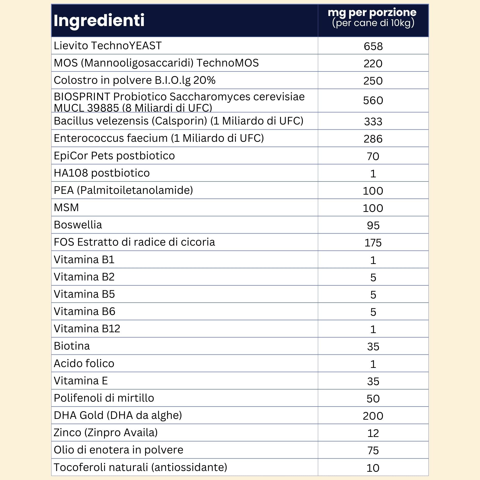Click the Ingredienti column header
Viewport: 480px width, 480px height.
coord(99,20)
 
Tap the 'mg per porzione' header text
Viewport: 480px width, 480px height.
coord(372,12)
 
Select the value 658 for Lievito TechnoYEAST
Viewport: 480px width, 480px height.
coord(373,46)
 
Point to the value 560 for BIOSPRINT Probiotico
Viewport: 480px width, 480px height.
coord(373,100)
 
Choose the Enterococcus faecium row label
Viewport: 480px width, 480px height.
coord(159,138)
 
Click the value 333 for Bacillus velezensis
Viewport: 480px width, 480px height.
coord(373,121)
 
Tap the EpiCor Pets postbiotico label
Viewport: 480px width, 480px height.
coord(114,156)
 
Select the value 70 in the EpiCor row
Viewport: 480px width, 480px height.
coord(373,156)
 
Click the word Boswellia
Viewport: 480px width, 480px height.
coord(78,225)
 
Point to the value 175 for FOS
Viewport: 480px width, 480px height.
coord(373,243)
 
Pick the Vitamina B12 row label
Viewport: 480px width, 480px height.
coord(87,329)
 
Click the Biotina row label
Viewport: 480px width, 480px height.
coord(72,346)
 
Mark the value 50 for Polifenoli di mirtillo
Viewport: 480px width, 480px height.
coord(373,399)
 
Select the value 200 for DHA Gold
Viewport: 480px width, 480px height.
coord(373,416)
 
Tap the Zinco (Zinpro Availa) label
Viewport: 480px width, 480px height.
coord(105,433)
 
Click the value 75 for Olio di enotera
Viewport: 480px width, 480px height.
coord(373,450)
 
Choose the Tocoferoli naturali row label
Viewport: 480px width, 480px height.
coord(140,467)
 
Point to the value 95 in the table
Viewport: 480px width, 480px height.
coord(373,226)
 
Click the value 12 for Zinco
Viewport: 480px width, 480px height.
coord(373,433)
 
